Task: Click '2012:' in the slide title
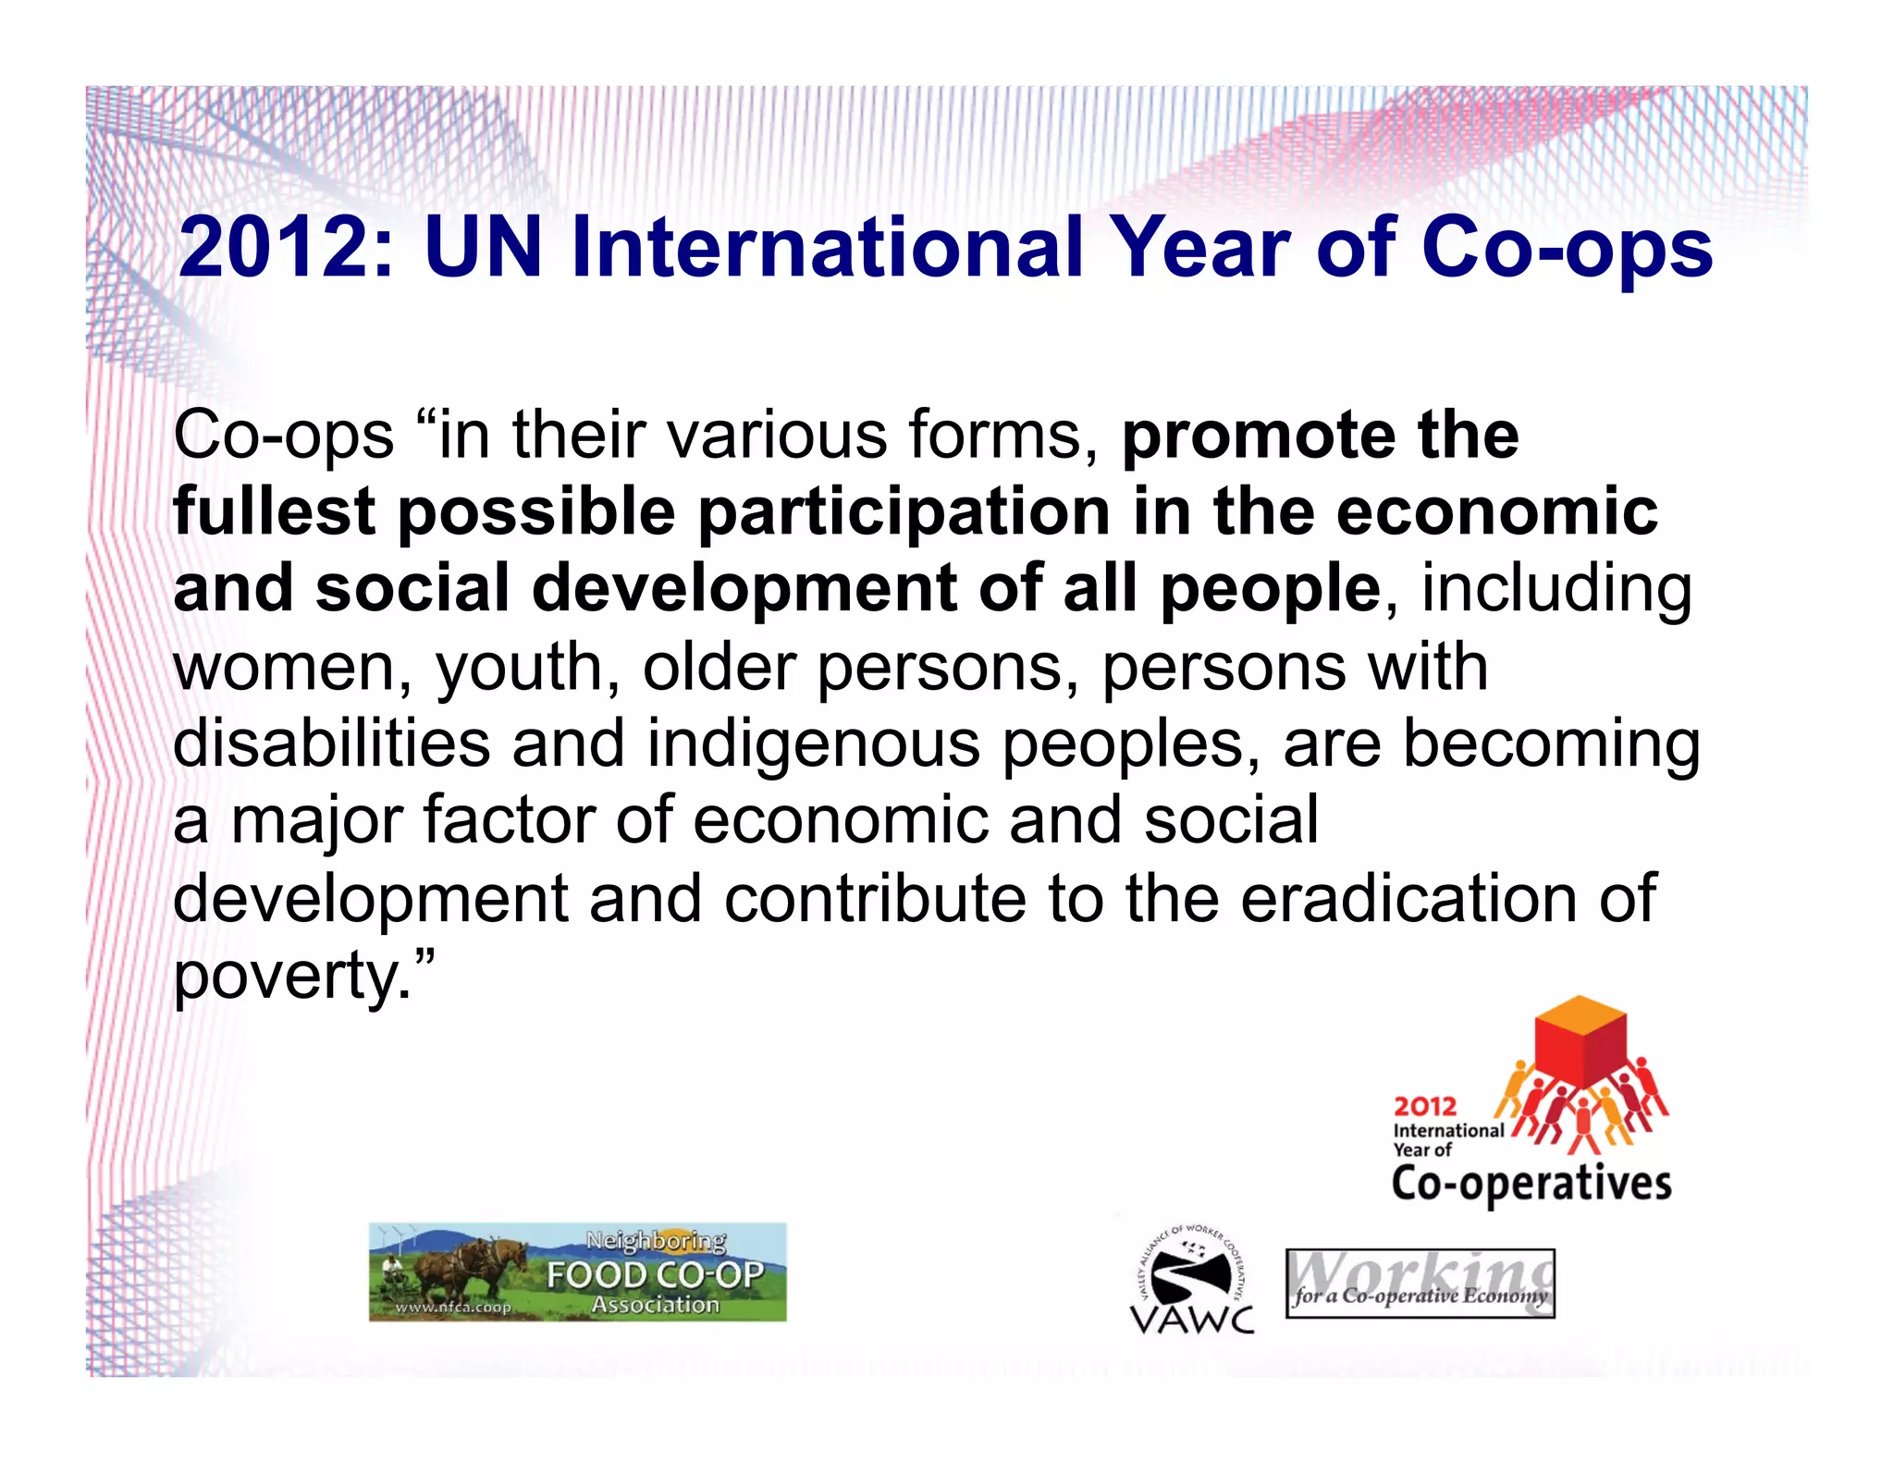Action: pyautogui.click(x=287, y=248)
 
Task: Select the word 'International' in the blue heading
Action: pyautogui.click(x=827, y=248)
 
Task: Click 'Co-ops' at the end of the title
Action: pyautogui.click(x=1567, y=248)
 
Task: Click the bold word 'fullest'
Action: pyautogui.click(x=274, y=511)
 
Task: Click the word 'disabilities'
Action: pyautogui.click(x=331, y=744)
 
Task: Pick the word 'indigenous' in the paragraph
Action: pyautogui.click(x=813, y=745)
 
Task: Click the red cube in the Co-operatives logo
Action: pyautogui.click(x=1580, y=1043)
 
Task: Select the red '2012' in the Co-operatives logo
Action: pyautogui.click(x=1424, y=1106)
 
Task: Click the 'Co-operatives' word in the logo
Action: pyautogui.click(x=1531, y=1184)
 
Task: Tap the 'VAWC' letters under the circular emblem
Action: pyautogui.click(x=1192, y=1320)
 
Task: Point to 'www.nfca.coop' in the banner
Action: pyautogui.click(x=453, y=1307)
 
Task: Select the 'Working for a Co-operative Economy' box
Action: pyautogui.click(x=1420, y=1284)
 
